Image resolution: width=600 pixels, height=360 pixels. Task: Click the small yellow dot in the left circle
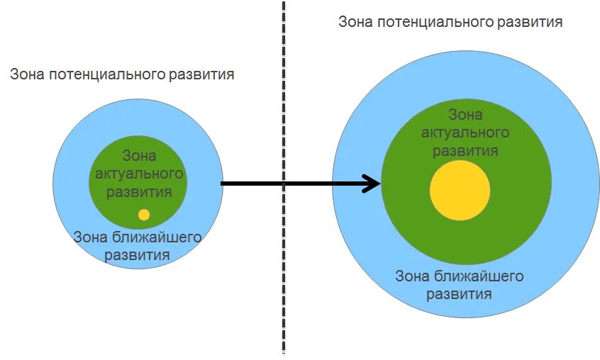click(x=144, y=214)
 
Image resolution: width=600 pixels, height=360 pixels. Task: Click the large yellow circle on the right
click(x=460, y=191)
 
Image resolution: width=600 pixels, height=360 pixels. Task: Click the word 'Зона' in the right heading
click(x=355, y=22)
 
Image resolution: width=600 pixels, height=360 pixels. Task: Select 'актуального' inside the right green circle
click(x=465, y=133)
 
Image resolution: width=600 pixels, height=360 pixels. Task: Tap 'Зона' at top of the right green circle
click(x=465, y=115)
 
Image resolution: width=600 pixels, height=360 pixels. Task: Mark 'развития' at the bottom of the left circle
click(x=138, y=255)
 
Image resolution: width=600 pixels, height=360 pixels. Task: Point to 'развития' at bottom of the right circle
click(x=459, y=293)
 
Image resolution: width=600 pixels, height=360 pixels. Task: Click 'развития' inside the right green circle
click(x=465, y=150)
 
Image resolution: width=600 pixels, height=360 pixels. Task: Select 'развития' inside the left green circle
click(x=139, y=192)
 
